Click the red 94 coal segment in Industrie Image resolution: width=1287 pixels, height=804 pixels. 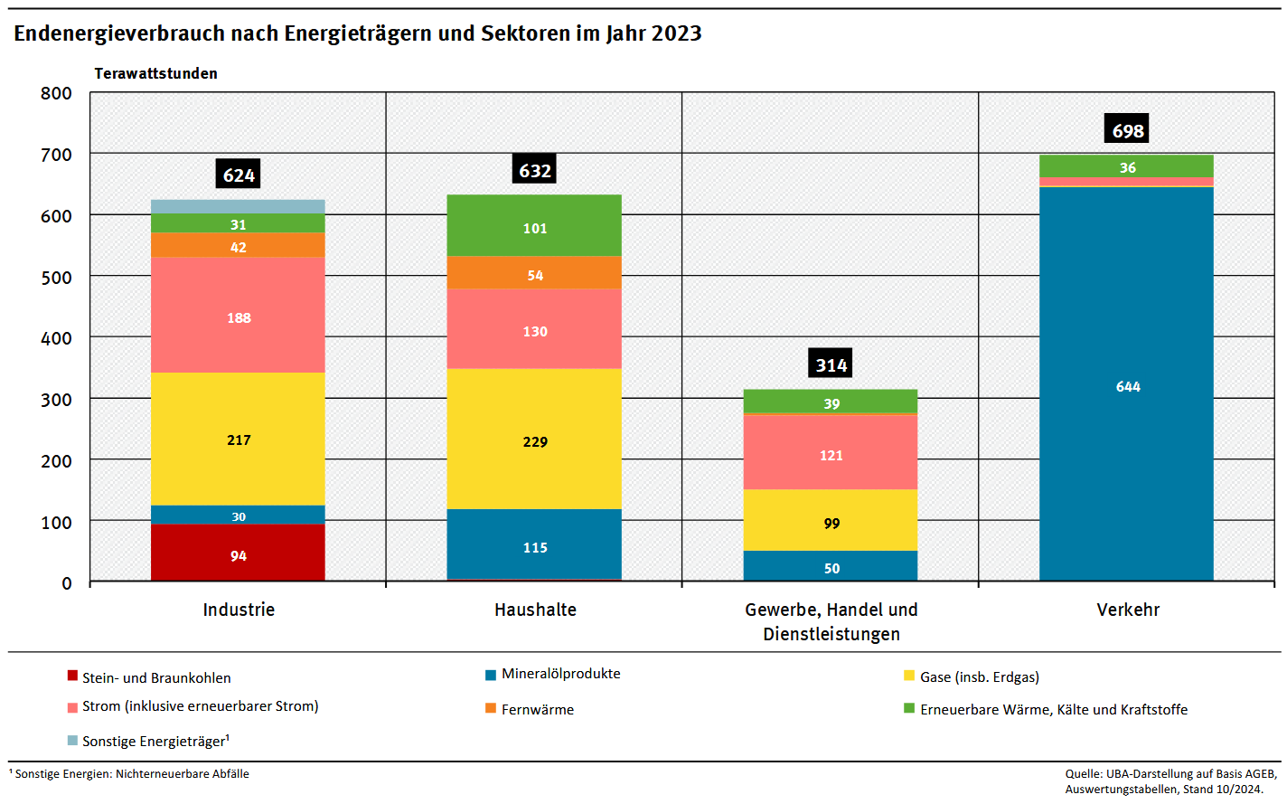[238, 553]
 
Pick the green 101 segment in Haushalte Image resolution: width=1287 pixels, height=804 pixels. [534, 226]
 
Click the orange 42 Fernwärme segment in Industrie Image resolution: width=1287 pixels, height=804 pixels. [238, 245]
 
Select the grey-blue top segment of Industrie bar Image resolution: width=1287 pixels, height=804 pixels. [238, 206]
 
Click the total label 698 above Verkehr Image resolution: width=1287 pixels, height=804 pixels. [1127, 129]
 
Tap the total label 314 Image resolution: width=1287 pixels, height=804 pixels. [831, 364]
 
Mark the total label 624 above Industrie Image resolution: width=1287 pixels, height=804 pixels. [238, 175]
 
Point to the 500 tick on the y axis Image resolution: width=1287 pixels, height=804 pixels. [56, 278]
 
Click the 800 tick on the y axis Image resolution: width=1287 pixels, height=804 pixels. [56, 93]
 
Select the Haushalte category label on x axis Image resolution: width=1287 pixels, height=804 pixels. [535, 610]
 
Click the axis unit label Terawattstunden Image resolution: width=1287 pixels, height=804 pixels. [155, 73]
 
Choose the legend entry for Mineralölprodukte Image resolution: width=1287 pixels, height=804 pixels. [560, 674]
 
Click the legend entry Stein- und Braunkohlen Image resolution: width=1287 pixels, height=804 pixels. [156, 677]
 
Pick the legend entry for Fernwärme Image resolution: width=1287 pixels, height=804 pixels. [537, 709]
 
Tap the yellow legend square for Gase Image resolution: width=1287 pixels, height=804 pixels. [909, 676]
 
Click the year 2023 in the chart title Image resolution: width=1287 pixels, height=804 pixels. [676, 33]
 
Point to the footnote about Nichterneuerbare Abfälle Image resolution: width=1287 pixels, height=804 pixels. [131, 774]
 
